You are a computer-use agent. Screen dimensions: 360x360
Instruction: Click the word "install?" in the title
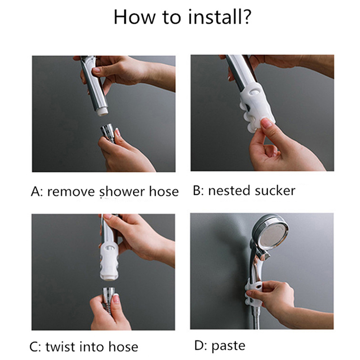click(x=220, y=17)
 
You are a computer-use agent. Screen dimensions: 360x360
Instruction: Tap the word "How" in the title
click(x=135, y=17)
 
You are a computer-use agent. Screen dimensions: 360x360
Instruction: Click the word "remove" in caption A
click(x=71, y=192)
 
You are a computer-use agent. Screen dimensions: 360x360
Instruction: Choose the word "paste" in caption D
click(x=228, y=346)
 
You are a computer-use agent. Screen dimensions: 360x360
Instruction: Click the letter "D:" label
click(x=200, y=346)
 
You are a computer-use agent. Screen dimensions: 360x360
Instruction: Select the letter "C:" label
click(x=35, y=347)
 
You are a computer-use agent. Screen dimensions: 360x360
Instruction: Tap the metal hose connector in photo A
click(x=108, y=132)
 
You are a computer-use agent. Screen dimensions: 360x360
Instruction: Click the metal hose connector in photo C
click(x=108, y=296)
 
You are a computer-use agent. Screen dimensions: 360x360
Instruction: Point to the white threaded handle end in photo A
click(x=102, y=112)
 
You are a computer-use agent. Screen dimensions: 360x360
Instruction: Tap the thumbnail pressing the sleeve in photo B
click(x=266, y=123)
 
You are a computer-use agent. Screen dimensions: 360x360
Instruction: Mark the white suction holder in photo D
click(x=253, y=293)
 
